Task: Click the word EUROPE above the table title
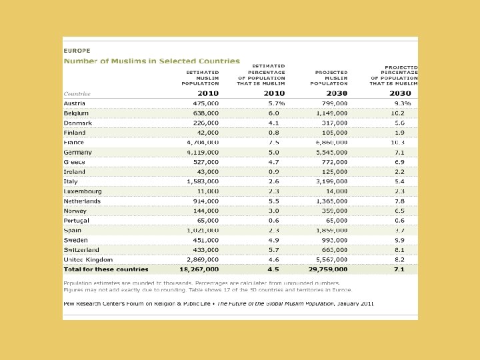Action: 77,50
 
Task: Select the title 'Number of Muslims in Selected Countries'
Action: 151,61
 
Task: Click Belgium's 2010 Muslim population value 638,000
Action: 204,113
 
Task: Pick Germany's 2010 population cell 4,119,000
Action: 203,153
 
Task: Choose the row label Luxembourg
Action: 83,191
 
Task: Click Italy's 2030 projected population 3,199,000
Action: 332,181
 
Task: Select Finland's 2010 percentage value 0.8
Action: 273,133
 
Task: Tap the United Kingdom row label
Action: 88,259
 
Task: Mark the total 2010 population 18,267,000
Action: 199,269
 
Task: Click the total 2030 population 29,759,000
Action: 327,269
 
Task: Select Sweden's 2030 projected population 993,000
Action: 334,240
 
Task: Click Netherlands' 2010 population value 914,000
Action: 204,201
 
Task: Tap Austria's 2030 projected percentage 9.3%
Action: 402,104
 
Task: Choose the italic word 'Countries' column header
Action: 77,93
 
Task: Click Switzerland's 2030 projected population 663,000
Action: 334,250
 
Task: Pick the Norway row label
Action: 76,211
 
